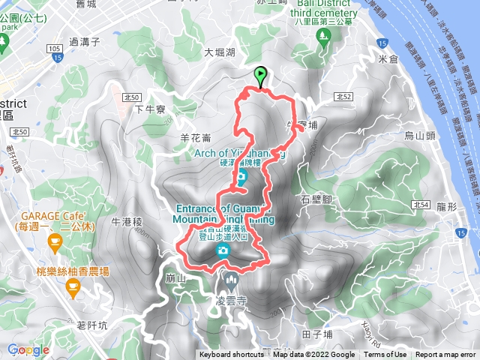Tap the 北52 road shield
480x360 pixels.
coord(343,97)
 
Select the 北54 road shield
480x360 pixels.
coord(421,205)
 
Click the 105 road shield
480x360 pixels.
coord(54,48)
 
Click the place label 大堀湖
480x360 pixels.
coord(220,52)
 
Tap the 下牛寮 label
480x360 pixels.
coord(149,109)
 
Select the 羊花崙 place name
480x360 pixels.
coord(196,137)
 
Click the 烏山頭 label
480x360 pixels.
coord(420,136)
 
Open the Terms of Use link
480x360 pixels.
coord(385,355)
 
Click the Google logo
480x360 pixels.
coord(28,349)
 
